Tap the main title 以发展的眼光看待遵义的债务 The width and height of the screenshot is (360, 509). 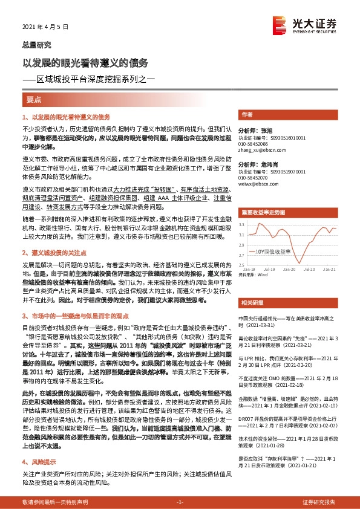[x=85, y=62]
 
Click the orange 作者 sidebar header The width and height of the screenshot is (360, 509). [x=246, y=114]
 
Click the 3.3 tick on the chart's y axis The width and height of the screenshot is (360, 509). [x=241, y=224]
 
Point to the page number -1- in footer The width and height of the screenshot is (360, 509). [x=179, y=502]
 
